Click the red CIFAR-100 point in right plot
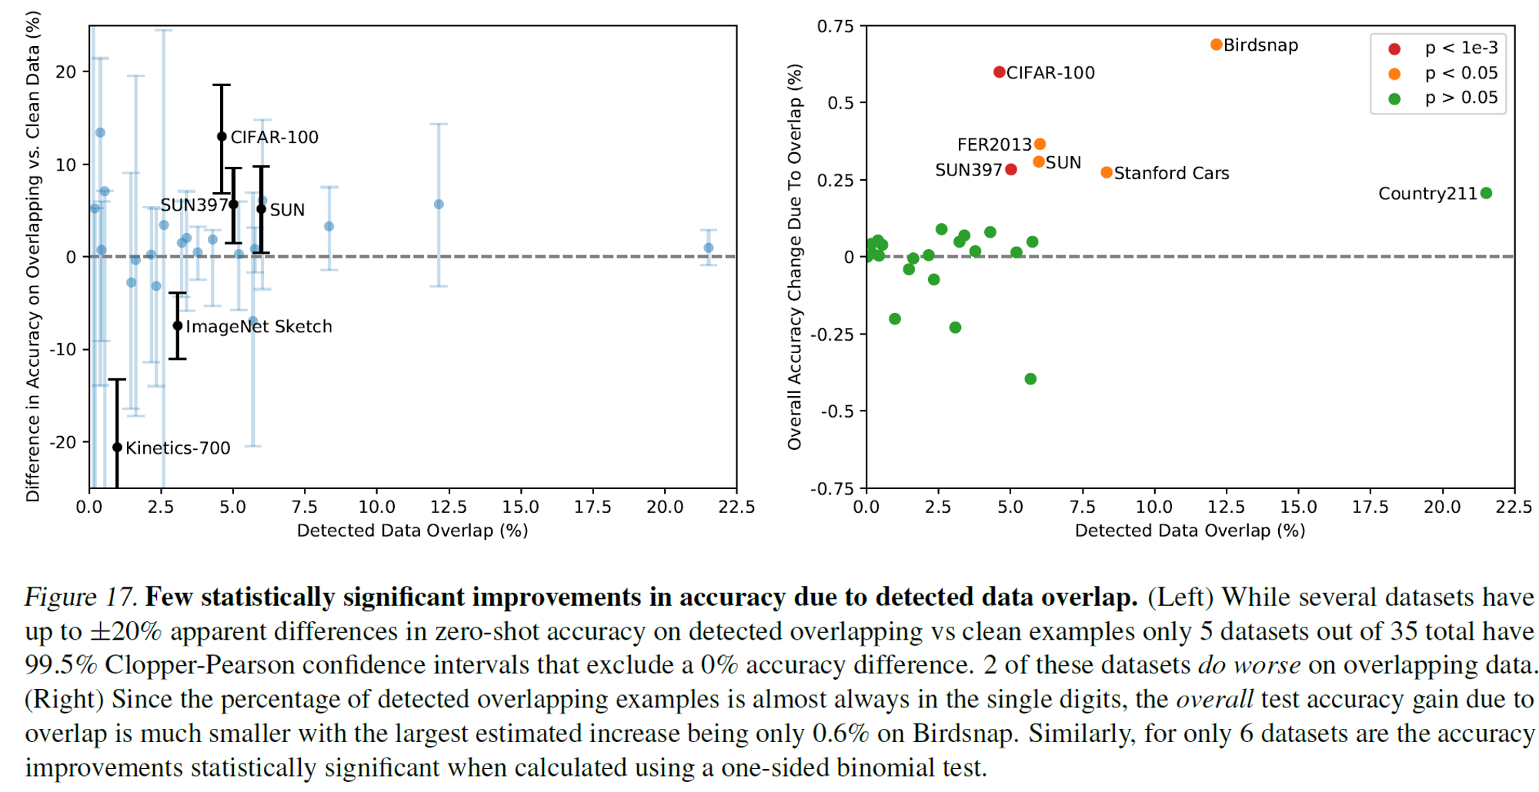click(x=999, y=72)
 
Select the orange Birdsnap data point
click(x=1216, y=45)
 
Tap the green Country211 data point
click(x=1486, y=193)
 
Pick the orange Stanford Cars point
click(x=1106, y=172)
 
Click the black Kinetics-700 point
click(x=117, y=448)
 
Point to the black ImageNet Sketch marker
click(x=178, y=326)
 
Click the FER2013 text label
click(x=993, y=145)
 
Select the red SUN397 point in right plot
click(x=1011, y=169)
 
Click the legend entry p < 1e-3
click(x=1461, y=48)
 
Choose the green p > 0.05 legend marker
click(x=1394, y=98)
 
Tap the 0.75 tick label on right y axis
click(x=836, y=27)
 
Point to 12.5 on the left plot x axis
click(x=449, y=507)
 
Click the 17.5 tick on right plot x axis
click(x=1370, y=507)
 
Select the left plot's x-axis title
click(x=412, y=531)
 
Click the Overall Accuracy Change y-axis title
click(x=794, y=257)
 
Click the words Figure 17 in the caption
click(x=80, y=597)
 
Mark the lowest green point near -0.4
click(x=1030, y=379)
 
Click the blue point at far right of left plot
click(x=709, y=248)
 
